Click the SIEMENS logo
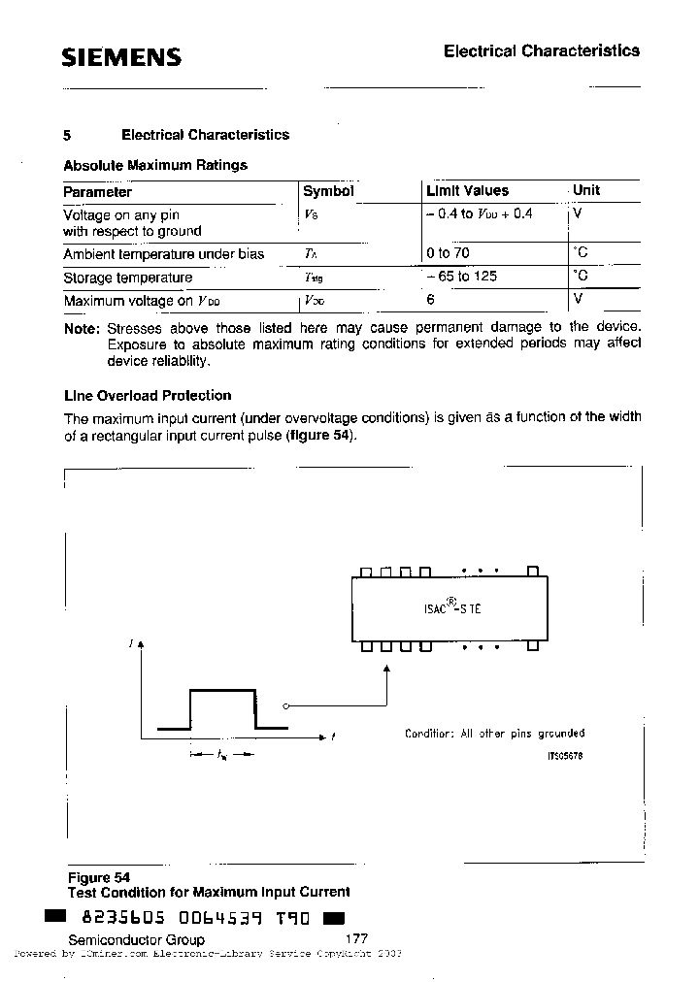tap(121, 57)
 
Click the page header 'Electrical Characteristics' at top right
tap(541, 50)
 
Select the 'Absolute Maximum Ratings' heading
tap(155, 165)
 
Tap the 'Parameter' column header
tap(97, 191)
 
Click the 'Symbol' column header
tap(328, 191)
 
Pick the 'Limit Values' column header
tap(467, 191)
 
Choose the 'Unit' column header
tap(586, 190)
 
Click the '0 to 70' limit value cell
tap(448, 253)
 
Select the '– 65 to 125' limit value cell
tap(461, 277)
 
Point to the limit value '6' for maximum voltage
tap(430, 300)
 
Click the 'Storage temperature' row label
tap(127, 278)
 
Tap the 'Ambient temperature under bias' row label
tap(163, 254)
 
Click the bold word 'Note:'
tap(82, 329)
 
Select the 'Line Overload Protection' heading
tap(147, 395)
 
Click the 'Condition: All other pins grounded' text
tap(494, 734)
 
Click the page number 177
tap(356, 939)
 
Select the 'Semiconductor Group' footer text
tap(136, 939)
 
